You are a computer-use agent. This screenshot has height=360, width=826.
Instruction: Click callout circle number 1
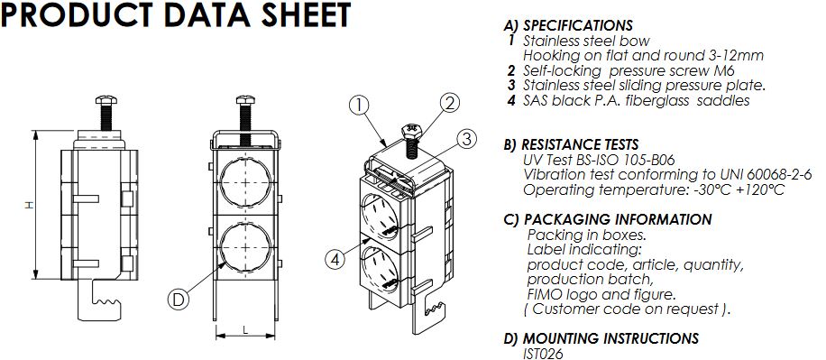[358, 106]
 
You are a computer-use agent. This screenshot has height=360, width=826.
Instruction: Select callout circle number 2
[448, 104]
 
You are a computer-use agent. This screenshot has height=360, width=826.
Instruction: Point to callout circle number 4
[335, 259]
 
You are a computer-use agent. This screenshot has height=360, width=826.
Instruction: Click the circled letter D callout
[178, 300]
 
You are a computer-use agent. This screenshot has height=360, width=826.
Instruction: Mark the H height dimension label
[29, 205]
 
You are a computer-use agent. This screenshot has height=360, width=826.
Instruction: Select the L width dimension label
[245, 329]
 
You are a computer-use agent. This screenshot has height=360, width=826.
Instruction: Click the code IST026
[543, 353]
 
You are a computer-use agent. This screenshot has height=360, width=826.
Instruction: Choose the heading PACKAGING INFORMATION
[619, 219]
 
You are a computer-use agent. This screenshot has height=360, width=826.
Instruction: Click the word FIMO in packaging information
[543, 294]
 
